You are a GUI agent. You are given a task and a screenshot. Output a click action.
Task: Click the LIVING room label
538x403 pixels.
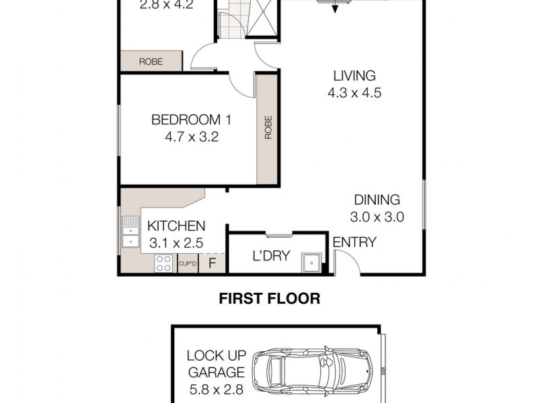354,76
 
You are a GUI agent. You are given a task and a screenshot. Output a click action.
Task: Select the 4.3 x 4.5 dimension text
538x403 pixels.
354,94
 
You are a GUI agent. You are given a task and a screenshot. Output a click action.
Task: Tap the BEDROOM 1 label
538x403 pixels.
191,120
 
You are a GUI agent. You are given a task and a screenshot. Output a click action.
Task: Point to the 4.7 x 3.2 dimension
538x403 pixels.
191,138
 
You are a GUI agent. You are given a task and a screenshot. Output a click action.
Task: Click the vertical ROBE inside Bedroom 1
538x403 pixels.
268,128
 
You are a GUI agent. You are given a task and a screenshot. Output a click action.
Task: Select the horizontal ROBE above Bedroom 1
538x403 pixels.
151,61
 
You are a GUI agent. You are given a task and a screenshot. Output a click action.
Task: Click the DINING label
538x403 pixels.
377,199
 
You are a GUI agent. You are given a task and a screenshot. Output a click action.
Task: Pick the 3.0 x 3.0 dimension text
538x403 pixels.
377,218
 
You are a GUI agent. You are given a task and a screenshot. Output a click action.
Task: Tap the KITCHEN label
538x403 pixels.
176,226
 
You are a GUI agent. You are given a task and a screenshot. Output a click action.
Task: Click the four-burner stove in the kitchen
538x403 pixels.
163,263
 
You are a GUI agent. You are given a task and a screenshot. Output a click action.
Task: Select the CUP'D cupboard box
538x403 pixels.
188,263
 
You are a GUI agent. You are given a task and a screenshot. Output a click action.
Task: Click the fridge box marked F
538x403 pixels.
213,263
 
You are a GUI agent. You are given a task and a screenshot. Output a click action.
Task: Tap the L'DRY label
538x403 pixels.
266,256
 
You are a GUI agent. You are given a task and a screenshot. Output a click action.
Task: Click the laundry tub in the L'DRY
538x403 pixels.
311,263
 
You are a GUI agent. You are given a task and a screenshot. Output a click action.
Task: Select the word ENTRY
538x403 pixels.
354,242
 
